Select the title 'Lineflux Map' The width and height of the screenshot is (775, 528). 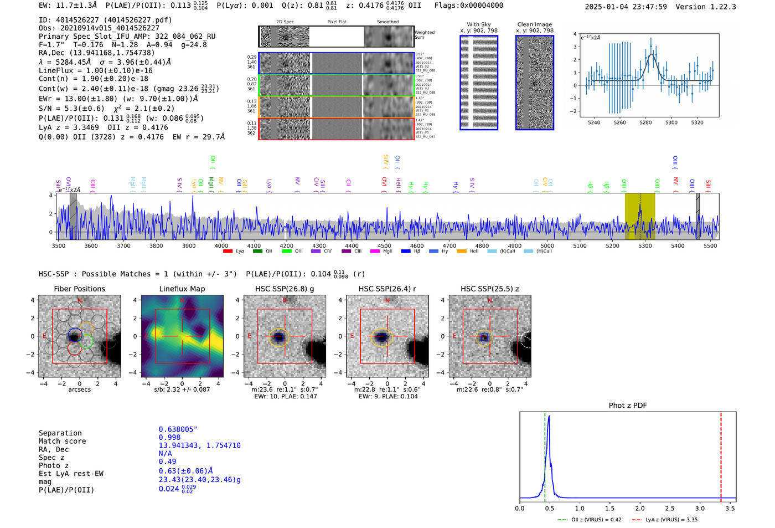182,289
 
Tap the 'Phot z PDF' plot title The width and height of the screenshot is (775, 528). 628,405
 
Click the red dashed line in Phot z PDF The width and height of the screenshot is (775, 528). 721,454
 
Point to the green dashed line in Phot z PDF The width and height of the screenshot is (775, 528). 545,454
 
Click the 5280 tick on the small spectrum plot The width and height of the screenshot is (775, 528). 645,122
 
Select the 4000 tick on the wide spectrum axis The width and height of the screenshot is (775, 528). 221,246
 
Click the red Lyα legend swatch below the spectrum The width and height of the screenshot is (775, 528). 228,252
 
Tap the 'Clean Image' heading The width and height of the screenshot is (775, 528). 534,24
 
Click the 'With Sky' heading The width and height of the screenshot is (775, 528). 478,24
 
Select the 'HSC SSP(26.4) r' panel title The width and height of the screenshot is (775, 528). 387,289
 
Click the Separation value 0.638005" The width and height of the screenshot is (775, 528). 178,429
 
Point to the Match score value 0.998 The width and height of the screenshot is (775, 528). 169,437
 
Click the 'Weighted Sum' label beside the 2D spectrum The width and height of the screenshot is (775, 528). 425,35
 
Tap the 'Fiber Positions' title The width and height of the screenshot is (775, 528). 79,289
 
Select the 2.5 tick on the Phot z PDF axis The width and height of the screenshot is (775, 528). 670,508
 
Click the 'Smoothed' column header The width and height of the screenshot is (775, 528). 387,22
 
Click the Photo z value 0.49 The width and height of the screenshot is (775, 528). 167,462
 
